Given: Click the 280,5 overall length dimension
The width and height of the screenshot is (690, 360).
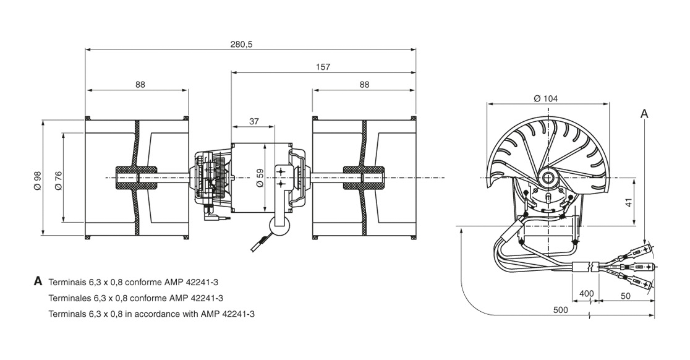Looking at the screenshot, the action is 241,45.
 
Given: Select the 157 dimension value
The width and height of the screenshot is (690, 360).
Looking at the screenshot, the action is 323,67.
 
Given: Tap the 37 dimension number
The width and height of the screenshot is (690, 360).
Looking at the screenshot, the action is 254,121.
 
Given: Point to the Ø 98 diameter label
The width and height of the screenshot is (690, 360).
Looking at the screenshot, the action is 37,180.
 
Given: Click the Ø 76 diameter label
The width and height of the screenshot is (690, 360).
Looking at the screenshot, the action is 58,180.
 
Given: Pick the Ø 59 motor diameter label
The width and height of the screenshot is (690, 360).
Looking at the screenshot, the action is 260,178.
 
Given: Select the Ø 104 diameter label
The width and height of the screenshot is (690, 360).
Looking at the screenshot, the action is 546,98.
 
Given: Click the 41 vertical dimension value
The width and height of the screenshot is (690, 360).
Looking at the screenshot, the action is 629,202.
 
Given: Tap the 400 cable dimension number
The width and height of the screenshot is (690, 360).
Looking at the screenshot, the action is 586,294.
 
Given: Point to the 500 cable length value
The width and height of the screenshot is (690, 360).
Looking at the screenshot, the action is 560,310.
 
